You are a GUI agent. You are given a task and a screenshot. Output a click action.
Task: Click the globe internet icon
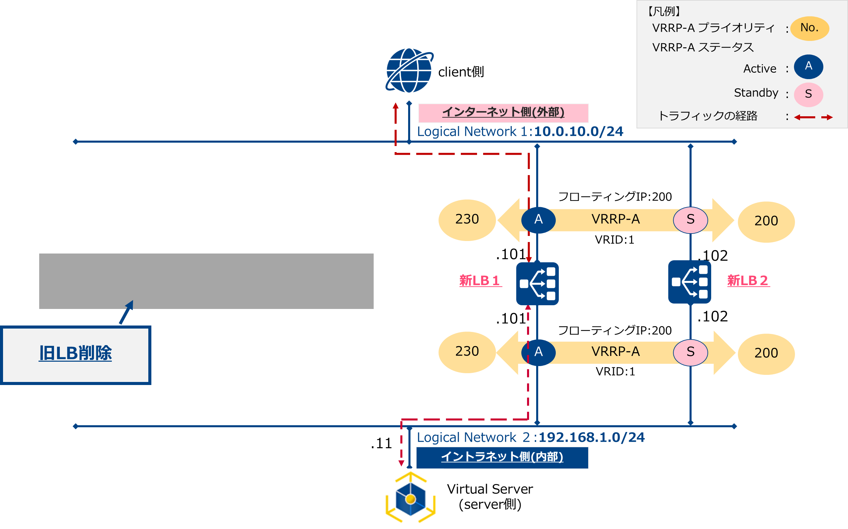click(409, 70)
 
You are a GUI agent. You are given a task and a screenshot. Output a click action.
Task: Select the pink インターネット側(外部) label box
click(503, 113)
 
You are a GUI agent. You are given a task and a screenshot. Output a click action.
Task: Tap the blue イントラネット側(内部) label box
click(502, 457)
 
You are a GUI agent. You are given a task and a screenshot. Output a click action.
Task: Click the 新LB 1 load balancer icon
click(537, 283)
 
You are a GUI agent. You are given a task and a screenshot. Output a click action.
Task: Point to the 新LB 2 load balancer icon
click(690, 282)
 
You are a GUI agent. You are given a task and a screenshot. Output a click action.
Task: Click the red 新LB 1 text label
click(480, 281)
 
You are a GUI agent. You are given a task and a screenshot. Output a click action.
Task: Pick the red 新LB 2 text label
click(748, 281)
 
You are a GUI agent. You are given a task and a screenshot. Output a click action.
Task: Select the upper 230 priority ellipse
click(467, 220)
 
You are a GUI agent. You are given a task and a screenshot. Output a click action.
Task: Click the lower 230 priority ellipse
click(467, 352)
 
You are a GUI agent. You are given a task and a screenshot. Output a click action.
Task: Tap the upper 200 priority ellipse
click(766, 221)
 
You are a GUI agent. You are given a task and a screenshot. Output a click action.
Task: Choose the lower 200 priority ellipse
click(766, 354)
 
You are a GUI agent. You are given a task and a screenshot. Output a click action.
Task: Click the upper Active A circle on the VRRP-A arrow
click(538, 220)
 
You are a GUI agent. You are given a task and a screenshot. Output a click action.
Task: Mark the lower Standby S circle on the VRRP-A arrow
click(690, 352)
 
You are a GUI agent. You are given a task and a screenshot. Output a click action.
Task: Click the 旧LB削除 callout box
click(76, 355)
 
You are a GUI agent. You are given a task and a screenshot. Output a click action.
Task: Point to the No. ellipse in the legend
click(809, 28)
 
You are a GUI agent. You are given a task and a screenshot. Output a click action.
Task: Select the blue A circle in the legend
click(808, 67)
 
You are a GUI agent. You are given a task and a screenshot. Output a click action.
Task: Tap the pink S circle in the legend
click(808, 94)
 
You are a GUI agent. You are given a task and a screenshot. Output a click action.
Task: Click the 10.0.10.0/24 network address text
click(578, 132)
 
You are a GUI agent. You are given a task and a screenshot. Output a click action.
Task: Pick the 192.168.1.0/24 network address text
click(591, 438)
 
